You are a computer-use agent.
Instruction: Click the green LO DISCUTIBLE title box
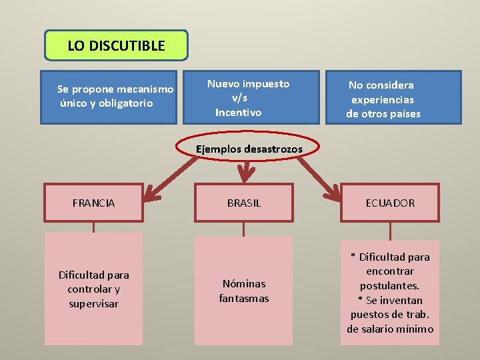[x=116, y=46]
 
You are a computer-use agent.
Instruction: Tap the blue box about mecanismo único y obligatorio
[x=109, y=97]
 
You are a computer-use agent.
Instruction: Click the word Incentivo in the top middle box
[x=238, y=113]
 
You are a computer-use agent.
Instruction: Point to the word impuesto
[x=266, y=84]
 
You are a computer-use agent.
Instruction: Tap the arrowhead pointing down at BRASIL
[x=247, y=175]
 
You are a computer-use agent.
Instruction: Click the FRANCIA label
[x=93, y=203]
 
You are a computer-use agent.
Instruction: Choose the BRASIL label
[x=244, y=203]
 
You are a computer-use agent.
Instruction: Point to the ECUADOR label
[x=390, y=203]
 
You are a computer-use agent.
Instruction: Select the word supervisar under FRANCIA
[x=93, y=304]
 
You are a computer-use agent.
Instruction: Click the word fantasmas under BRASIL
[x=244, y=299]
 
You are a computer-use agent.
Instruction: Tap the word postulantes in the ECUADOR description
[x=389, y=285]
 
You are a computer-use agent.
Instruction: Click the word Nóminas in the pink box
[x=244, y=284]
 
